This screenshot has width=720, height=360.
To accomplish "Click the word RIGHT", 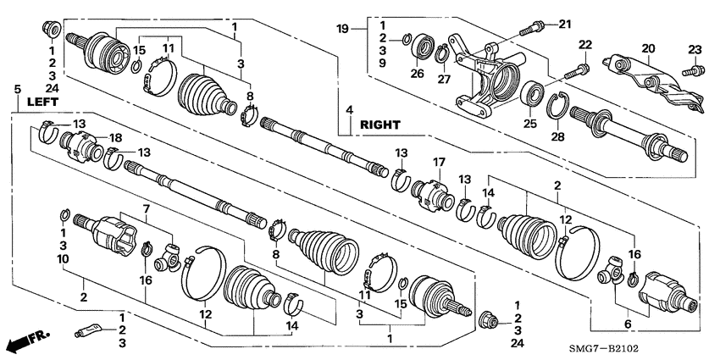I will pyautogui.click(x=379, y=125).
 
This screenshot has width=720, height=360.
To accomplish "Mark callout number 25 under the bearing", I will pyautogui.click(x=531, y=124).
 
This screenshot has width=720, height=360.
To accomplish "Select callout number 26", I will pyautogui.click(x=416, y=74).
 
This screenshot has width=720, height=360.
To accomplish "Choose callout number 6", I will pyautogui.click(x=627, y=324).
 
